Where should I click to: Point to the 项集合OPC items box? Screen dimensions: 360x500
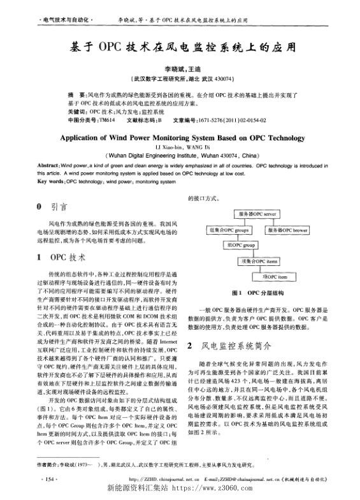[x=257, y=261]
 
